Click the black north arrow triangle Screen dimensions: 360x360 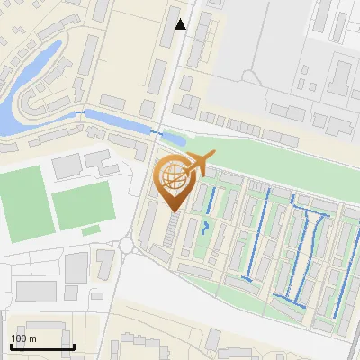181,24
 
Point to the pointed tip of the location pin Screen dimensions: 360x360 174,211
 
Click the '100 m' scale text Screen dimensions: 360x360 24,338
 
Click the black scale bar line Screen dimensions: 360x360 41,346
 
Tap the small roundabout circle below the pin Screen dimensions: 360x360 126,244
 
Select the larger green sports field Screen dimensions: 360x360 20,196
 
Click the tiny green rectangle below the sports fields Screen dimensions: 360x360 90,231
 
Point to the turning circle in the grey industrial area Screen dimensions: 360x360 253,76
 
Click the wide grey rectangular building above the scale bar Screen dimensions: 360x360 36,291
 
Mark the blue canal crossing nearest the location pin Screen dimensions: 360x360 157,132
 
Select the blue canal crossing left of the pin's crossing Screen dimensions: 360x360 86,112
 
